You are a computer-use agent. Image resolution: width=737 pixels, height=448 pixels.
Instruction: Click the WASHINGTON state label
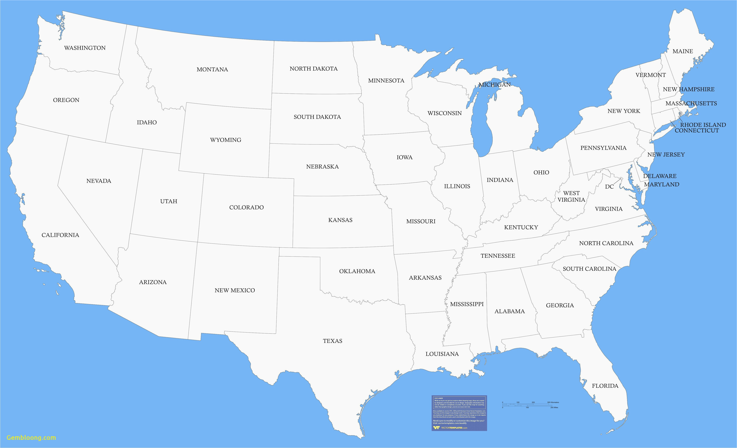click(85, 48)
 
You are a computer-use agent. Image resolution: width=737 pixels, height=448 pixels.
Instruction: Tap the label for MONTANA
click(212, 69)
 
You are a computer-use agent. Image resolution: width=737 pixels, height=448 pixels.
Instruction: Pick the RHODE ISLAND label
click(703, 125)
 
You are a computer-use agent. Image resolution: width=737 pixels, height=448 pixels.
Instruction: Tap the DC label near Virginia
click(609, 187)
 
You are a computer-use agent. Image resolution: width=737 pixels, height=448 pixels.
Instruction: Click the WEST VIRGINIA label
click(571, 196)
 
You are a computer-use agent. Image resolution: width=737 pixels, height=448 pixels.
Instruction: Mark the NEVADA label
click(99, 181)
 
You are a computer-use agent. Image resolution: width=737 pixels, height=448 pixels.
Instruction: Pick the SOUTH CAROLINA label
click(589, 269)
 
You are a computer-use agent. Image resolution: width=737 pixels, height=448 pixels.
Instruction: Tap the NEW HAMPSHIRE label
click(689, 89)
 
